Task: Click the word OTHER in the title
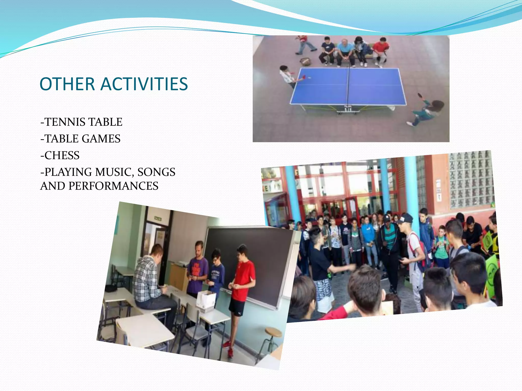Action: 67,84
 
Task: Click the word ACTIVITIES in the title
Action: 144,84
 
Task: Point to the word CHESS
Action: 62,155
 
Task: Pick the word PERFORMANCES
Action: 113,186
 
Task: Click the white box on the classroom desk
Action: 206,302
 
